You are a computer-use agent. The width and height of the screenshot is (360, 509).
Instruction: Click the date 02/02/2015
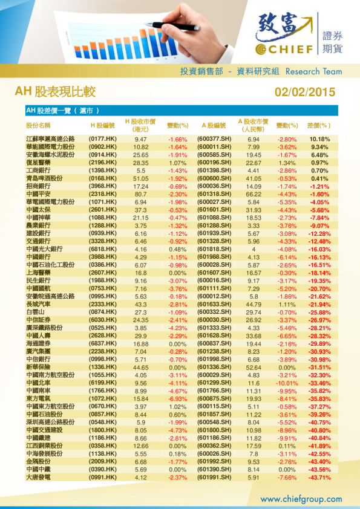click(304, 92)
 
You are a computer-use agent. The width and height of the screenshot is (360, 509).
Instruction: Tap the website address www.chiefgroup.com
click(301, 499)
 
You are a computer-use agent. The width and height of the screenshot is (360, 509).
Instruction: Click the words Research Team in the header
click(313, 71)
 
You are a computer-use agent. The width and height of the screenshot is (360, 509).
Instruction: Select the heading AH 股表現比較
click(55, 92)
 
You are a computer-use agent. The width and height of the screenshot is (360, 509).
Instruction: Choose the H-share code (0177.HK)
click(106, 139)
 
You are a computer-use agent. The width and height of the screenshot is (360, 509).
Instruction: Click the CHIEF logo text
click(289, 48)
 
